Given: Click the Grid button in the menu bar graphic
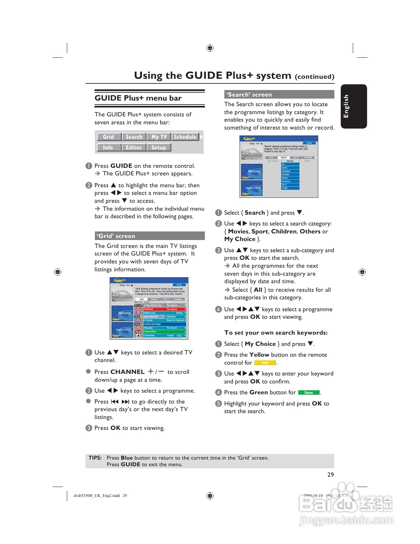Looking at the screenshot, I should click(109, 137).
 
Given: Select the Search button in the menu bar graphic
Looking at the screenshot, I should click(134, 137).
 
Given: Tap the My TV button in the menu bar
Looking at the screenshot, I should click(159, 137).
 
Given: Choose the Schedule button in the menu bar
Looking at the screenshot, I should click(185, 137).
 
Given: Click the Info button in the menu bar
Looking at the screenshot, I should click(108, 147).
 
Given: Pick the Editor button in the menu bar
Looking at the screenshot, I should click(134, 147).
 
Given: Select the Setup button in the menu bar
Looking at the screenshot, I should click(158, 147).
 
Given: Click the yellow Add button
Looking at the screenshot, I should click(265, 363).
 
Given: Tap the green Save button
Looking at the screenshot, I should click(309, 393).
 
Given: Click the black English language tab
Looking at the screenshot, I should click(353, 106).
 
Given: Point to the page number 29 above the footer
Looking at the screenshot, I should click(330, 474).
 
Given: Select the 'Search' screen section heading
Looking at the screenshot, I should click(249, 95).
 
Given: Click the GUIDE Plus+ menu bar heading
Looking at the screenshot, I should click(138, 98).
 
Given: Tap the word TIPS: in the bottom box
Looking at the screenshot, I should click(95, 458).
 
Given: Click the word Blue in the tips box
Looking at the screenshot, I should click(127, 458).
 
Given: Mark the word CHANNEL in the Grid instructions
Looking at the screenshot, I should click(127, 372).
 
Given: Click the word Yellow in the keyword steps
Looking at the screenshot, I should click(259, 355).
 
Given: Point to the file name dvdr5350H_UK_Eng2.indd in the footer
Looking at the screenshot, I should click(97, 496).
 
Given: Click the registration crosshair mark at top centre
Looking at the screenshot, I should click(210, 48).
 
